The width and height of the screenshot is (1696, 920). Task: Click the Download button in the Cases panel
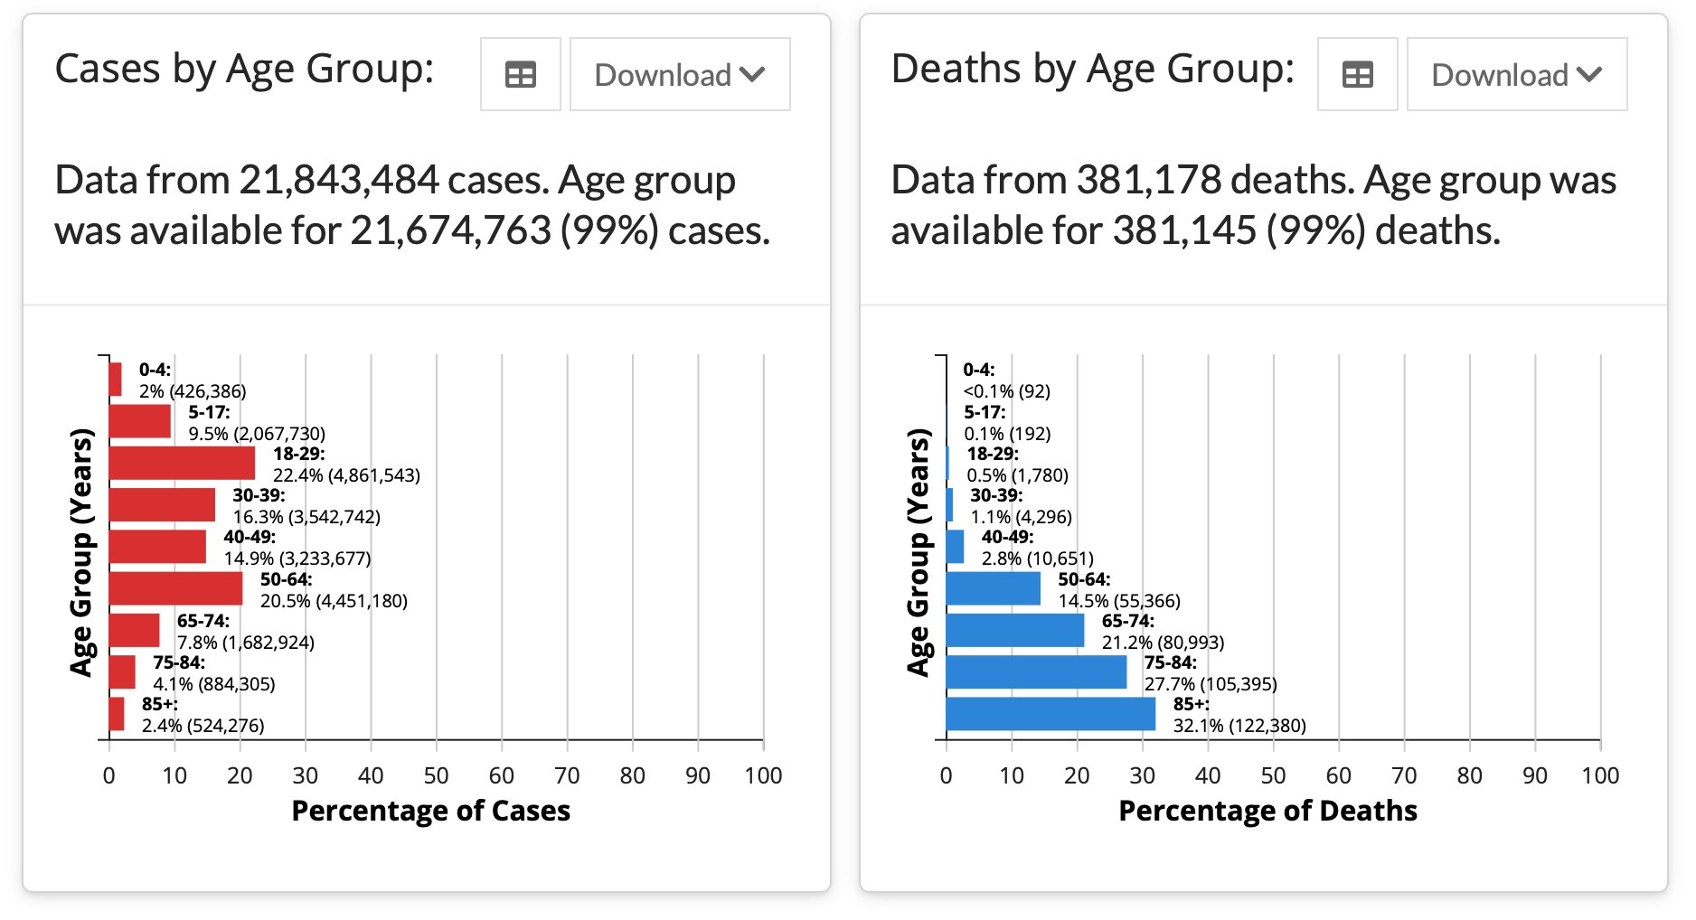[x=680, y=75]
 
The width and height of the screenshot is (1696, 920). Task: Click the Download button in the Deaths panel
[x=1516, y=75]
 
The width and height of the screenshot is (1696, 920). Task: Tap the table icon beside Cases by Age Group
[x=520, y=75]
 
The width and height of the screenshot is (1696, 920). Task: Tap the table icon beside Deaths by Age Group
[x=1357, y=75]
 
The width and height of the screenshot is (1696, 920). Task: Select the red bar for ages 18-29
[x=182, y=464]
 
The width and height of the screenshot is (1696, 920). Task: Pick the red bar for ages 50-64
[x=175, y=588]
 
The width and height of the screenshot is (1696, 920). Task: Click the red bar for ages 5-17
[x=140, y=421]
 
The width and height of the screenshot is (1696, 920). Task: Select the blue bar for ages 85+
[x=1051, y=714]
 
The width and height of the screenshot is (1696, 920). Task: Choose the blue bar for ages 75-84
[x=1036, y=672]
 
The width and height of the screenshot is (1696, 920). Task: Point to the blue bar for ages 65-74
[x=1015, y=630]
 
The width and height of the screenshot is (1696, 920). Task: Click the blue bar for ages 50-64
[x=993, y=588]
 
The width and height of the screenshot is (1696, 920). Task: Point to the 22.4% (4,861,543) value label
[x=346, y=475]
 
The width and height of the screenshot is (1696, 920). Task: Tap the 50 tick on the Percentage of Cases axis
[x=436, y=775]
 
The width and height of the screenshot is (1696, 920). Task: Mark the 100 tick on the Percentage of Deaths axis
[x=1599, y=775]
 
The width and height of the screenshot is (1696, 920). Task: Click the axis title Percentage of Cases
[x=430, y=811]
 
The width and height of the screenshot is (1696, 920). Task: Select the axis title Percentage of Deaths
[x=1267, y=811]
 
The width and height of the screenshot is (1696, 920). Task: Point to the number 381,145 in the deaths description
[x=1184, y=231]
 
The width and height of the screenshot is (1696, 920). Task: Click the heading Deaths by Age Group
[x=1093, y=69]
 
